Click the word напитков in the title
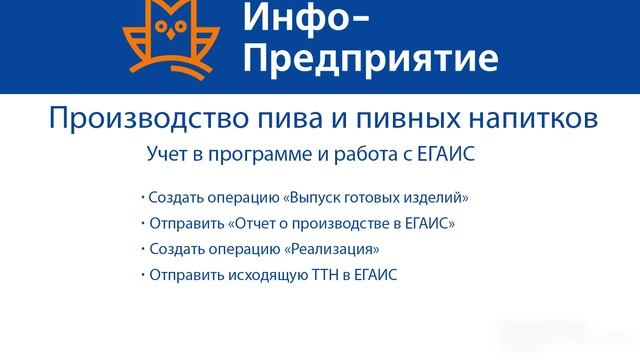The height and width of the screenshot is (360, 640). coord(511,119)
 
